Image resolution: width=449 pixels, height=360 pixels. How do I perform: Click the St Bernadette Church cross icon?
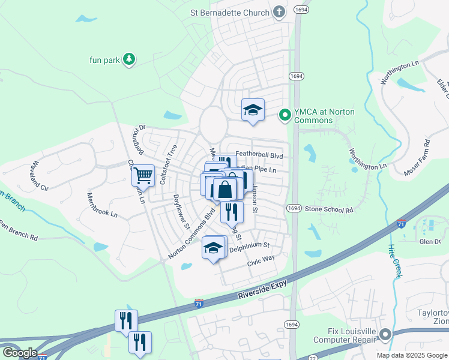[x=279, y=11]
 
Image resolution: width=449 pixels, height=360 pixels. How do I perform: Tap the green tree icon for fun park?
[x=128, y=59]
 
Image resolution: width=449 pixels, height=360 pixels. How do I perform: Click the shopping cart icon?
[x=143, y=175]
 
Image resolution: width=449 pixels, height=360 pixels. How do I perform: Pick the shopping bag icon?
[x=224, y=189]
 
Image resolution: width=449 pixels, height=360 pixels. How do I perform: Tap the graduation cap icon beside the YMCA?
[x=253, y=110]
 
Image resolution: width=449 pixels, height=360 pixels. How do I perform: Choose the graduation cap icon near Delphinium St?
[x=213, y=247]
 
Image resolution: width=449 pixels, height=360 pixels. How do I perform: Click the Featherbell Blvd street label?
[x=259, y=155]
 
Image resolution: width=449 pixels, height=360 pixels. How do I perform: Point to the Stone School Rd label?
[x=328, y=209]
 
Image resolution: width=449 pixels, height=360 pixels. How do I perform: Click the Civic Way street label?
[x=261, y=260]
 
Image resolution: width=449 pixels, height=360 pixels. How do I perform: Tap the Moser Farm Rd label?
[x=418, y=157]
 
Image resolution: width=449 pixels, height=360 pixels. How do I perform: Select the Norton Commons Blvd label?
[x=191, y=234]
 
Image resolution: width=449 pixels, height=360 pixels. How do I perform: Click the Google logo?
[x=19, y=353]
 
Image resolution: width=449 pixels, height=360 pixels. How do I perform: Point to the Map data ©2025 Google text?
[x=411, y=355]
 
